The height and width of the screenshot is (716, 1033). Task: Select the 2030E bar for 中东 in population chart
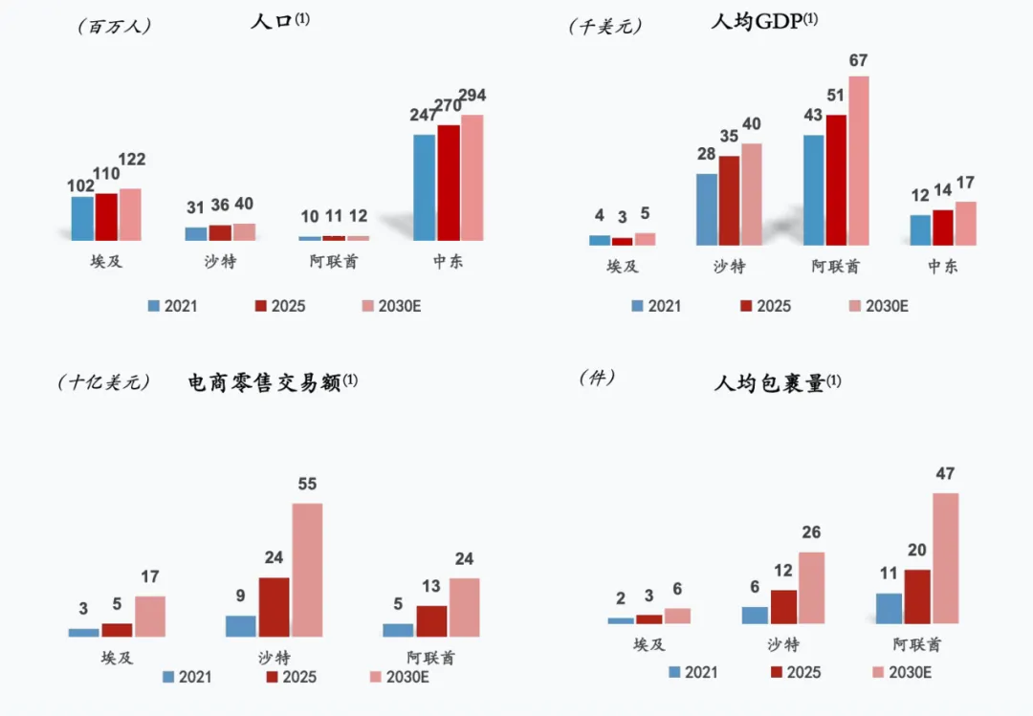pyautogui.click(x=472, y=178)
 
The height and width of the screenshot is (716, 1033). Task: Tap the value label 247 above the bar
pyautogui.click(x=425, y=116)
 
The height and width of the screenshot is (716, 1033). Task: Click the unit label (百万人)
pyautogui.click(x=114, y=26)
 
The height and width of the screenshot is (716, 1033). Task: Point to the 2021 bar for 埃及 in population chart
pyautogui.click(x=82, y=218)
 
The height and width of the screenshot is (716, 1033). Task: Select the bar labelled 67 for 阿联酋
pyautogui.click(x=858, y=161)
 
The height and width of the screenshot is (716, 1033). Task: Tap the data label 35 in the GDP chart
pyautogui.click(x=729, y=137)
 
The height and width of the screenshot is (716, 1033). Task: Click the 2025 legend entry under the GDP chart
pyautogui.click(x=765, y=306)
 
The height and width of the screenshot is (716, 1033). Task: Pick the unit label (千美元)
pyautogui.click(x=604, y=26)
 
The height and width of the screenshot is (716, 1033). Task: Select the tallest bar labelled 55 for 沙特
pyautogui.click(x=307, y=570)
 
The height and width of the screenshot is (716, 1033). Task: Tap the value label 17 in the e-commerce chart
pyautogui.click(x=149, y=577)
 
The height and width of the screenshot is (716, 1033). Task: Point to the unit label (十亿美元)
pyautogui.click(x=104, y=382)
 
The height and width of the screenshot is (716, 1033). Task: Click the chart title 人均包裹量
pyautogui.click(x=769, y=383)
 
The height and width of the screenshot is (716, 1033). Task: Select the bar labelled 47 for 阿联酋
pyautogui.click(x=945, y=558)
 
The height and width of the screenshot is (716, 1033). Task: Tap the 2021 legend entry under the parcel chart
pyautogui.click(x=693, y=672)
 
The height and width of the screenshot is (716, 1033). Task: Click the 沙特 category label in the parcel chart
pyautogui.click(x=783, y=644)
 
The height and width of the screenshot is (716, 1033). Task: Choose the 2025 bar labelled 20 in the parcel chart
pyautogui.click(x=916, y=597)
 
